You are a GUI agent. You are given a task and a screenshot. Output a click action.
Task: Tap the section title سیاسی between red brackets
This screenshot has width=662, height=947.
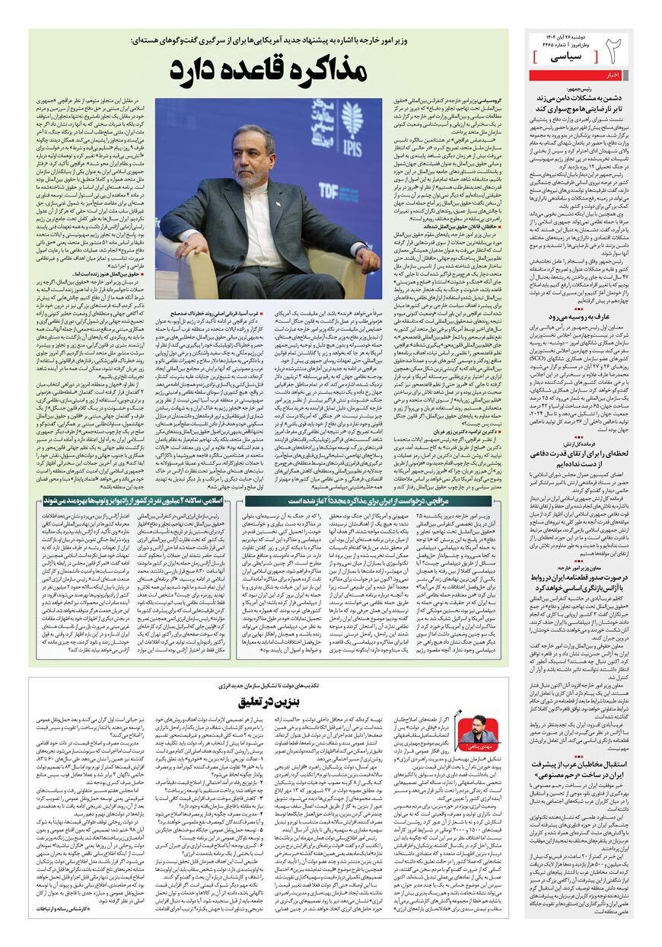click(562, 56)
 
